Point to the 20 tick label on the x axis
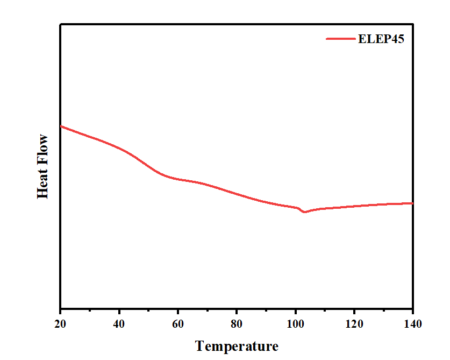[60, 324]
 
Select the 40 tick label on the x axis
[119, 324]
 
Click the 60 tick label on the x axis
[177, 324]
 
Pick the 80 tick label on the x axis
[237, 324]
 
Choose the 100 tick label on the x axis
[295, 324]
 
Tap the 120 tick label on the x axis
[354, 324]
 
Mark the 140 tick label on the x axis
[412, 324]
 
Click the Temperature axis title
[237, 345]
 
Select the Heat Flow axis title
[42, 166]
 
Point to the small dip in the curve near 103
[305, 211]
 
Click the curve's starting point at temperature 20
[61, 126]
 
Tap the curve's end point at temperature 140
[412, 203]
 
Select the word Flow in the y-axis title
[42, 149]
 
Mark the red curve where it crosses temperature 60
[177, 179]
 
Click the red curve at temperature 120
[354, 206]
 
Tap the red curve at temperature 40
[119, 148]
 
